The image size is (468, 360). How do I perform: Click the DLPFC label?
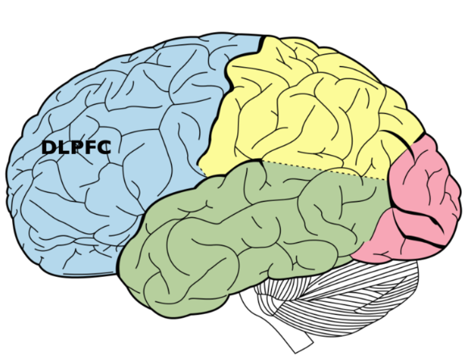tap(77, 148)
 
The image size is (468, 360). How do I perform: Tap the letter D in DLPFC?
tap(48, 148)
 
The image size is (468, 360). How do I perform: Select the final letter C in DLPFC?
tap(104, 148)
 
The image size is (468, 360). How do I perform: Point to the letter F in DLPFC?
tap(90, 148)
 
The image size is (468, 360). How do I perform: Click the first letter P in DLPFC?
tap(77, 148)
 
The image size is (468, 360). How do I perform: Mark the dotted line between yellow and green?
tap(324, 171)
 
